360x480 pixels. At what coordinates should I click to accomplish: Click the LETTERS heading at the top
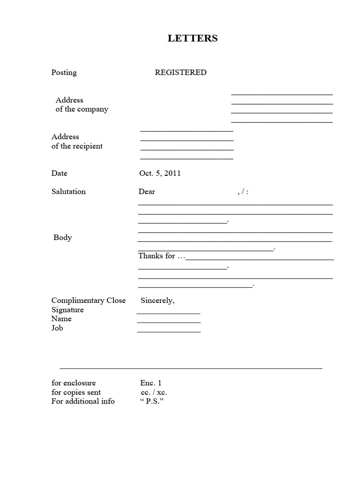(193, 38)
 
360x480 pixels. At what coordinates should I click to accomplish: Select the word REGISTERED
(180, 73)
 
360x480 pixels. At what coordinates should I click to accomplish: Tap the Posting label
(64, 73)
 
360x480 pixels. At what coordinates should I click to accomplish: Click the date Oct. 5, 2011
(160, 173)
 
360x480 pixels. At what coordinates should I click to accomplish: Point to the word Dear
(147, 192)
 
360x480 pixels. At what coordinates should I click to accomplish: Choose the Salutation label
(68, 192)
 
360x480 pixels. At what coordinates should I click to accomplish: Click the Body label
(63, 238)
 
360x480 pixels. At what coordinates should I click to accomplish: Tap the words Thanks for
(157, 256)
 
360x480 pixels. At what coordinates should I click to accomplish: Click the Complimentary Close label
(89, 301)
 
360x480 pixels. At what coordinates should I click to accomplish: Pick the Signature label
(67, 310)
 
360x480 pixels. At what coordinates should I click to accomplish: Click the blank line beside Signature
(168, 313)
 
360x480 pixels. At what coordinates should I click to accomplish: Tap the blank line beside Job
(169, 331)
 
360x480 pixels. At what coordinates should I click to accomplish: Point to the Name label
(61, 319)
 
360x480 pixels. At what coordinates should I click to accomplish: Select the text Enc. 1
(150, 383)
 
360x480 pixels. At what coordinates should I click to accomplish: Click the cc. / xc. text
(153, 392)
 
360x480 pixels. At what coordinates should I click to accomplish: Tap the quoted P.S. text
(152, 401)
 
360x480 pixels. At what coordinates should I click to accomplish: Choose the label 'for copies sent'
(76, 392)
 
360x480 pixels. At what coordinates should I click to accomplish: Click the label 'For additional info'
(82, 401)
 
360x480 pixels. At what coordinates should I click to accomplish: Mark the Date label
(60, 173)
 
